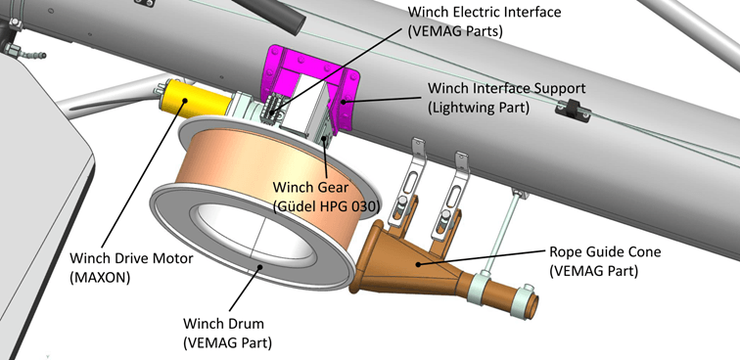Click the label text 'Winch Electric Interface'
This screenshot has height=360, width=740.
tap(485, 12)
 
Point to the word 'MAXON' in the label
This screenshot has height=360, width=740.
tap(100, 278)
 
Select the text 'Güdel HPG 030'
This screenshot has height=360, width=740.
tap(328, 206)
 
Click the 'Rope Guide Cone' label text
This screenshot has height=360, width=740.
tap(605, 251)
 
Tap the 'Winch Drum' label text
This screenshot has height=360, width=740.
tap(223, 324)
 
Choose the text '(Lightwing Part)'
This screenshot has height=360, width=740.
tap(478, 108)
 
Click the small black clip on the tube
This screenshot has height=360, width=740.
tap(573, 111)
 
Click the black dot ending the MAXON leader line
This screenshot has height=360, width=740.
tap(185, 100)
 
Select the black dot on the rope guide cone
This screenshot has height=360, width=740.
tap(417, 264)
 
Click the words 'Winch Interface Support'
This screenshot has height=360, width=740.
tap(506, 88)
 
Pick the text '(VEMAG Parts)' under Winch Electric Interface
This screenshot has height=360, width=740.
tap(455, 31)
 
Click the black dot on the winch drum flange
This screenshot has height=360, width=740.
tap(259, 267)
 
